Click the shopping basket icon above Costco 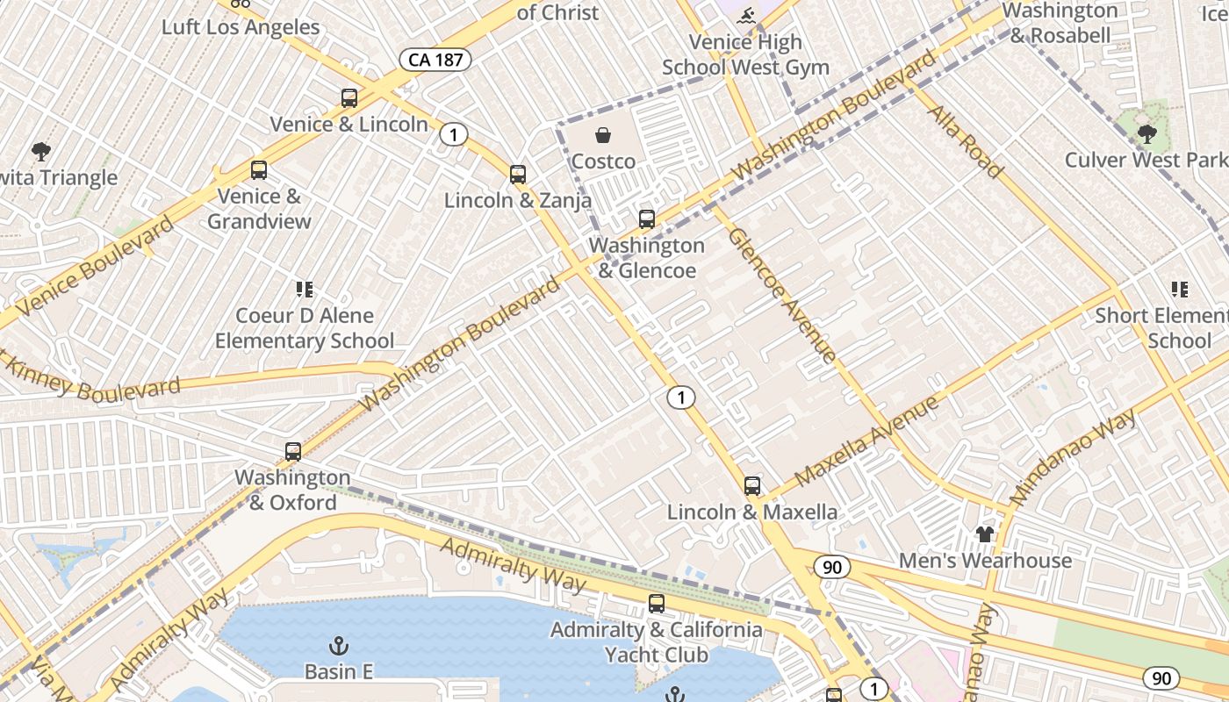coord(603,135)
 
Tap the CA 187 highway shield coord(435,60)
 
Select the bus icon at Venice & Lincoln coord(349,98)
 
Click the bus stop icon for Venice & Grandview coord(258,170)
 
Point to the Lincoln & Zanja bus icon coord(518,175)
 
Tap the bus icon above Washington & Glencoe coord(647,219)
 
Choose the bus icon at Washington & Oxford coord(293,452)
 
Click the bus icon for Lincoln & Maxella coord(752,486)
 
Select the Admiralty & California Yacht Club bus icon coord(657,604)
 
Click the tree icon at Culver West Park coord(1146,134)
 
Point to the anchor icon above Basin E coord(339,647)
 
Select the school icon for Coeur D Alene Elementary coord(305,290)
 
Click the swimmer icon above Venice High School coord(746,16)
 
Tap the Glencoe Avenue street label coord(781,295)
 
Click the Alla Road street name coord(966,140)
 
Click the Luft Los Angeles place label coord(241,27)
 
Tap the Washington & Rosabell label coord(1060,23)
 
